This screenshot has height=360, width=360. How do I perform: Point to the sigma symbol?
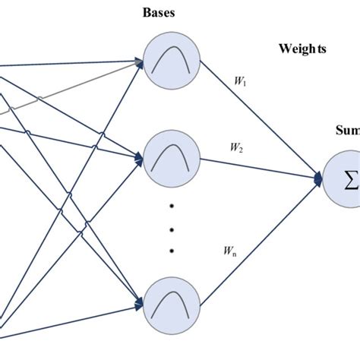(x=352, y=181)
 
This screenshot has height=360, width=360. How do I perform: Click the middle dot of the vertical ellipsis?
(x=172, y=229)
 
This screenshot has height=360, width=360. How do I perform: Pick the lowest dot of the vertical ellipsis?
(x=172, y=250)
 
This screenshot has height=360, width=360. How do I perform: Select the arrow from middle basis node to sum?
(x=258, y=169)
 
